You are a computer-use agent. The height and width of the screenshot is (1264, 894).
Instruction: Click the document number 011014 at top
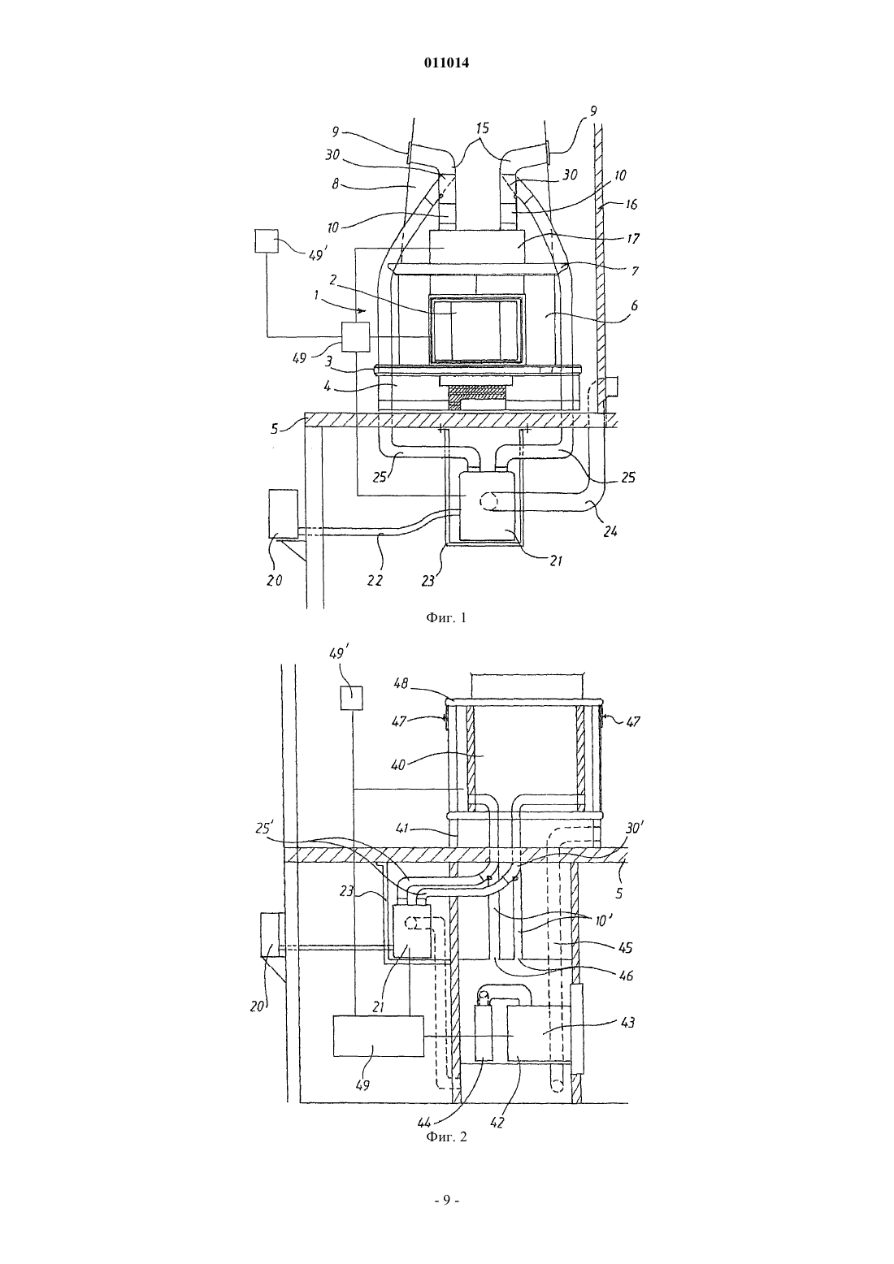(x=446, y=63)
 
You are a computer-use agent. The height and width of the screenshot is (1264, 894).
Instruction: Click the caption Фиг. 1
(x=446, y=618)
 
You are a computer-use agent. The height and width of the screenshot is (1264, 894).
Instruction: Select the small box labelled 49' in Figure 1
(x=267, y=241)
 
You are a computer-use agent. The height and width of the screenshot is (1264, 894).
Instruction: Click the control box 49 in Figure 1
(x=356, y=337)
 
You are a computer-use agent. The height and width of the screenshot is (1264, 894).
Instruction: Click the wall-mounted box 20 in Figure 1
(x=284, y=514)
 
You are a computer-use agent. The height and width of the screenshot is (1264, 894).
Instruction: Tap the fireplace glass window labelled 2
(x=475, y=330)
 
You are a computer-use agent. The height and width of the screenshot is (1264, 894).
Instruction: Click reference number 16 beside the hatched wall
(x=631, y=204)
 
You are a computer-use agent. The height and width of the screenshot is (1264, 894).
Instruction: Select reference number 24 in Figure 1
(x=611, y=531)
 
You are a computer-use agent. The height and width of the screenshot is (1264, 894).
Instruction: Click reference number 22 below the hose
(x=375, y=579)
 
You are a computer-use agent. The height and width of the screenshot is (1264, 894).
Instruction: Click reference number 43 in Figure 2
(x=627, y=1022)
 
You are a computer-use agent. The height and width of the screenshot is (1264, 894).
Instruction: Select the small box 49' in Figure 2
(x=351, y=698)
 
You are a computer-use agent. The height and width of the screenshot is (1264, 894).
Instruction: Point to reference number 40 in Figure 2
(x=398, y=766)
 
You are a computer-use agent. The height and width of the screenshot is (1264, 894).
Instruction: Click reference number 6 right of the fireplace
(x=635, y=305)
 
